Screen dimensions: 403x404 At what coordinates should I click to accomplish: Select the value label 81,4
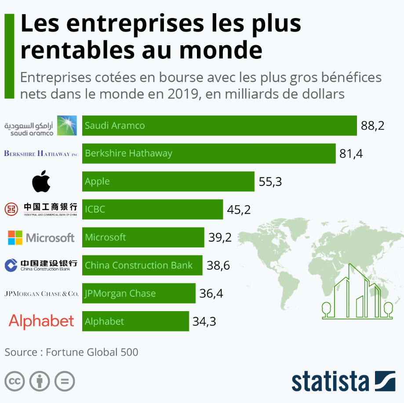(351, 154)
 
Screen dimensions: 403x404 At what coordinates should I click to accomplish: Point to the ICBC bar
(152, 210)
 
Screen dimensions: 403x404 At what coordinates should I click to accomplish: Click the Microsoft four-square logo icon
(15, 238)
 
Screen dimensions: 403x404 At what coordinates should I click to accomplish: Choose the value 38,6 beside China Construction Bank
(218, 265)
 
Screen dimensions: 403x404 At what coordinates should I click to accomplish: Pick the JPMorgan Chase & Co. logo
(41, 294)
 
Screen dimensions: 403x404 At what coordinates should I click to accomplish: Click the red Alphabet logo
(41, 321)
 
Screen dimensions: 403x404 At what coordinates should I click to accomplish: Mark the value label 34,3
(204, 322)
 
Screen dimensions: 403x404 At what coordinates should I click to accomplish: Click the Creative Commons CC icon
(15, 381)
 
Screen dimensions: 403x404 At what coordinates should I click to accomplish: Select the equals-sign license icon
(65, 381)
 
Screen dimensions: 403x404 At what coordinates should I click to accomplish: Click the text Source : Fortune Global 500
(71, 352)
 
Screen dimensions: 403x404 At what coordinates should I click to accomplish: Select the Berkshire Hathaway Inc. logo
(41, 154)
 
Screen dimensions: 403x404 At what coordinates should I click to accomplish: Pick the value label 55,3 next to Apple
(270, 182)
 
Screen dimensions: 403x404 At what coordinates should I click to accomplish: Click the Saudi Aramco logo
(40, 126)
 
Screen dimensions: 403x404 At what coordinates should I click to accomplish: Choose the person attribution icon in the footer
(40, 381)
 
